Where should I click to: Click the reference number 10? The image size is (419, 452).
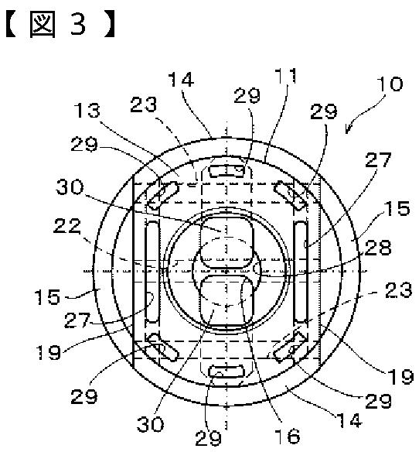[390, 84]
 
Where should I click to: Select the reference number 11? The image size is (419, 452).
[285, 76]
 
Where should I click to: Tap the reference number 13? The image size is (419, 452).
[87, 110]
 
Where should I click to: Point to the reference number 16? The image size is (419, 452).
[287, 436]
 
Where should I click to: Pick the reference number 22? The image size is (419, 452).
[67, 226]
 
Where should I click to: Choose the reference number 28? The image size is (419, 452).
[378, 248]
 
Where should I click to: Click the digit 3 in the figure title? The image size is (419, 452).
[78, 24]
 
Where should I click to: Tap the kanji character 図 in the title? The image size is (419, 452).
[42, 25]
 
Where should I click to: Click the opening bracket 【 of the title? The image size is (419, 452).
[12, 25]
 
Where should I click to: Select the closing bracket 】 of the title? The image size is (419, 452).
[109, 25]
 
